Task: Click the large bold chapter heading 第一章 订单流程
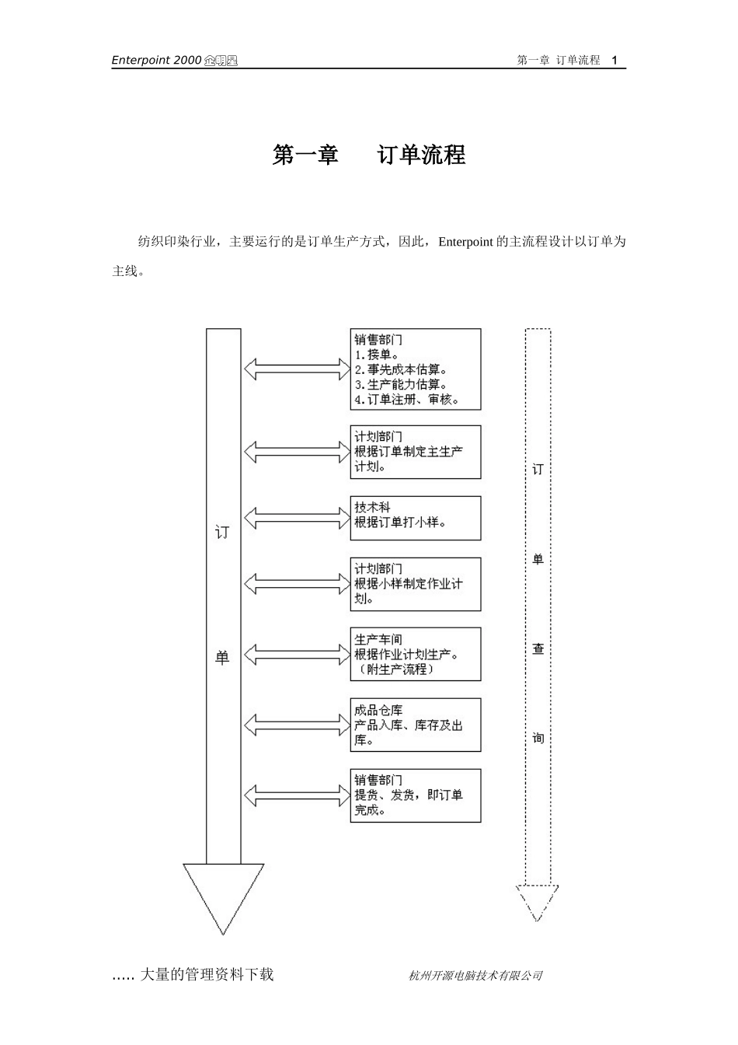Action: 369,155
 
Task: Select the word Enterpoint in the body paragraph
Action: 465,242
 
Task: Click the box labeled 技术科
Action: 415,518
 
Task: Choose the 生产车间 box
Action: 415,654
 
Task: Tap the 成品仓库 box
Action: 415,725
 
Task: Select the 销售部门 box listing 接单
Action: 415,369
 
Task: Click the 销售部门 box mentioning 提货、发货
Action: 415,795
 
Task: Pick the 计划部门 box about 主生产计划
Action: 415,452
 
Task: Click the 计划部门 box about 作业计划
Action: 415,584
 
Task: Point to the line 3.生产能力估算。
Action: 401,385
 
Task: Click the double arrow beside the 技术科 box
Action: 298,516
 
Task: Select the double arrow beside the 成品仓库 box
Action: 298,725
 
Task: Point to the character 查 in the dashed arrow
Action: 538,648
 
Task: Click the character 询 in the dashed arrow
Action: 538,738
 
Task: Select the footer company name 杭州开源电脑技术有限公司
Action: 475,976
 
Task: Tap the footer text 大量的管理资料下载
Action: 206,975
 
